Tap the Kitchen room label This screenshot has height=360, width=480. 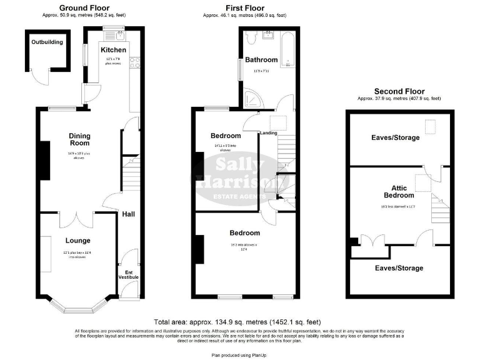point(113,50)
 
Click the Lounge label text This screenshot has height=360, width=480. point(77,241)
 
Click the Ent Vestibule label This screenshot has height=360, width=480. point(128,274)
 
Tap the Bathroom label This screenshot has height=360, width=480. point(261,60)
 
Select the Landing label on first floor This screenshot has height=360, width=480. point(269,132)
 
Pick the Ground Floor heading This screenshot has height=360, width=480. point(81,7)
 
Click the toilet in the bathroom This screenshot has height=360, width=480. point(252,39)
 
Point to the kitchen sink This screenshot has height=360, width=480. point(116,36)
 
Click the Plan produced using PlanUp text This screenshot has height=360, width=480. point(239,354)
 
